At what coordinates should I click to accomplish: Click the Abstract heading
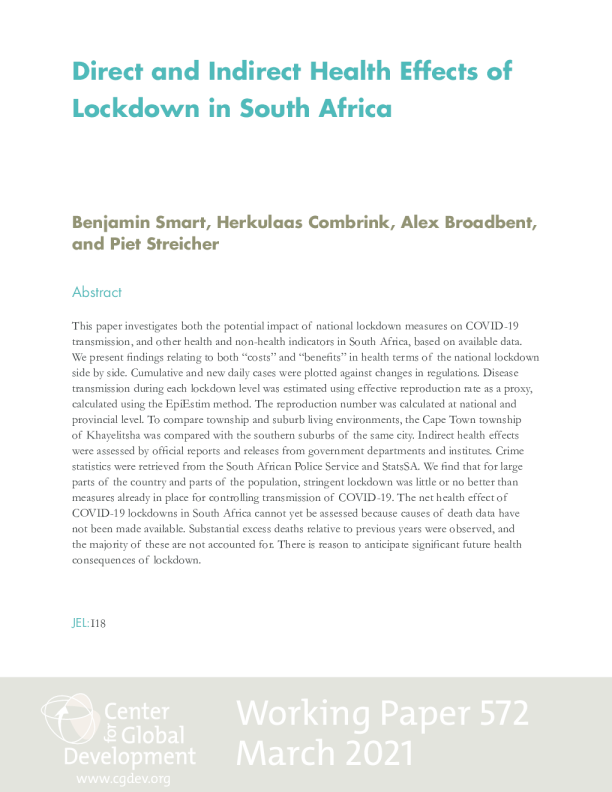click(x=97, y=292)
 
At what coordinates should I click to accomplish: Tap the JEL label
click(x=80, y=623)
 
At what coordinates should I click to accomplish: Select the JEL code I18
click(x=98, y=623)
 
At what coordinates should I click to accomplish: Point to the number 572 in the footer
click(x=491, y=715)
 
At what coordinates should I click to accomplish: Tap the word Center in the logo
click(x=137, y=711)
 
